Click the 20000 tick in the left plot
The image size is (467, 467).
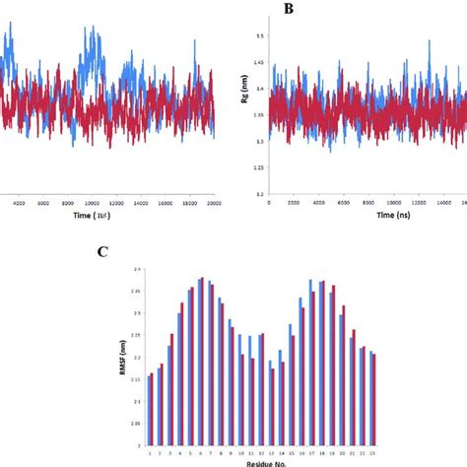coord(213,204)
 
